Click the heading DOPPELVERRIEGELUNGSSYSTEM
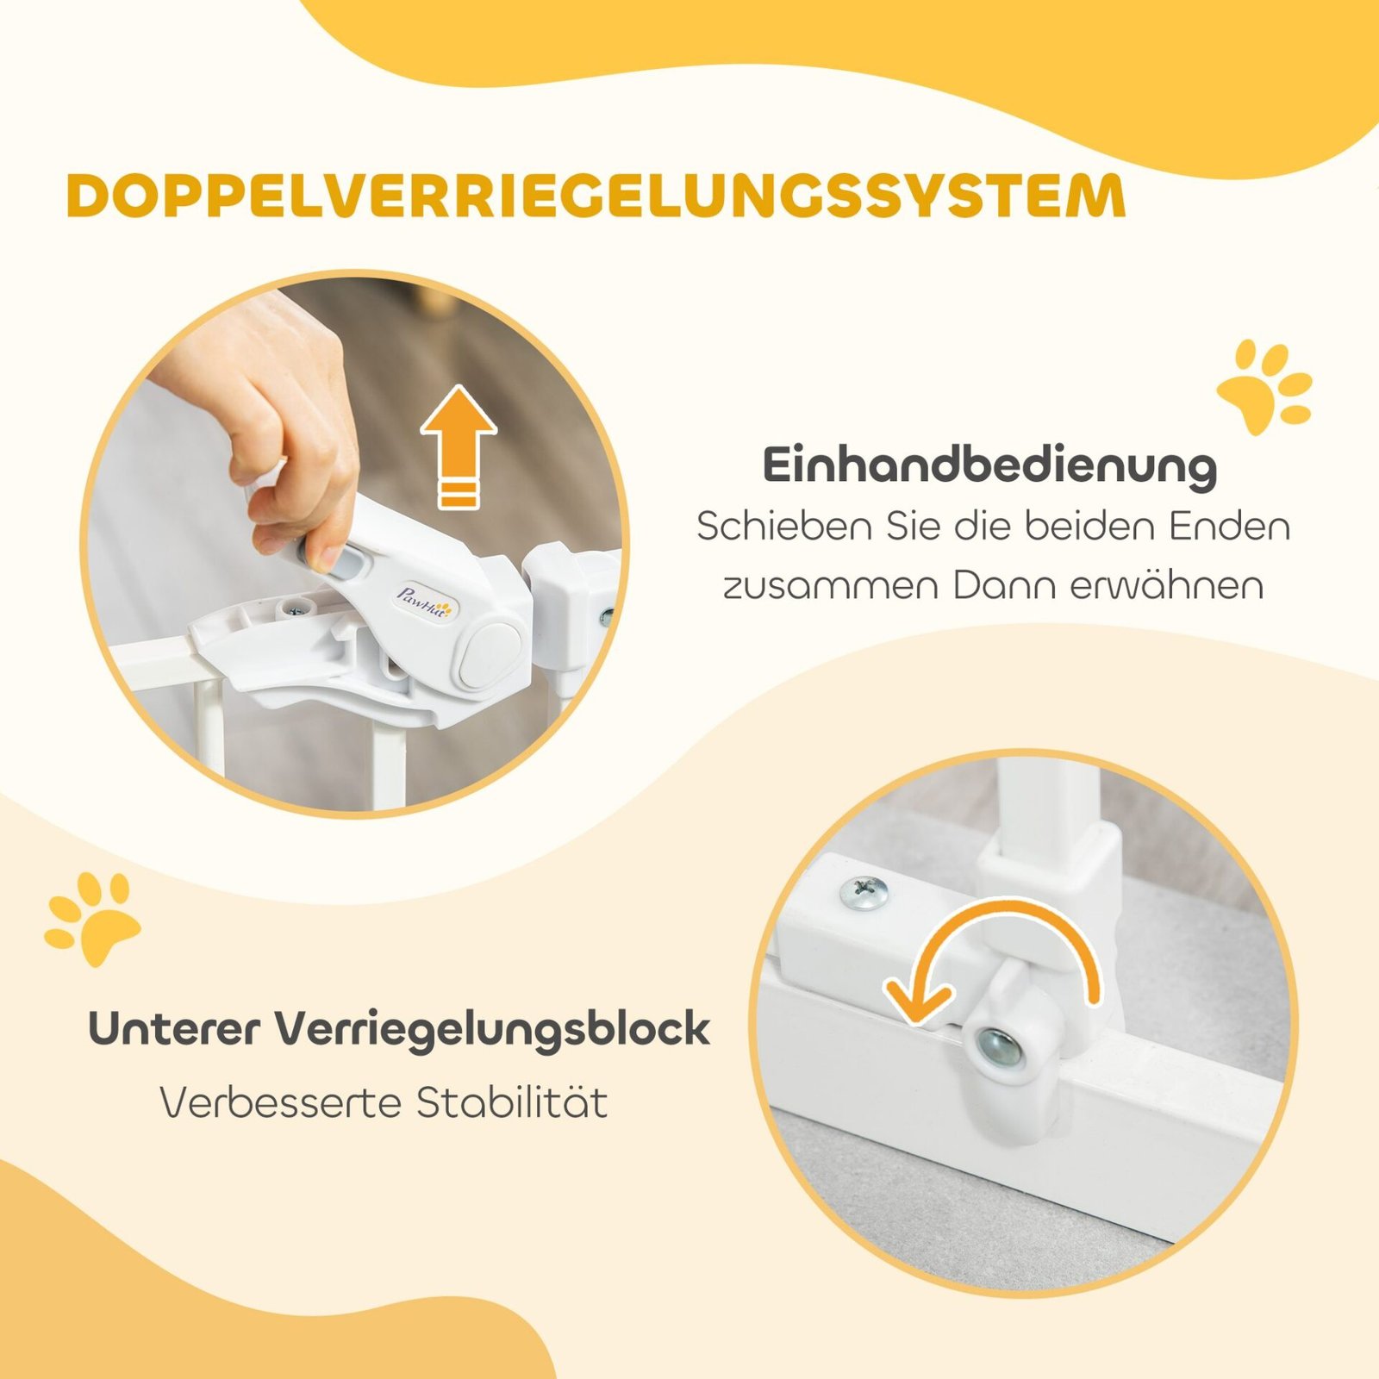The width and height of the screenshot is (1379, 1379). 596,196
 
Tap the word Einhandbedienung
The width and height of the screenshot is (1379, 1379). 989,465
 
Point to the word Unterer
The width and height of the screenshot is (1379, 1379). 173,1028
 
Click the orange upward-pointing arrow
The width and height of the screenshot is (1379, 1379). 459,446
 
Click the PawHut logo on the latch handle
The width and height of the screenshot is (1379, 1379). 423,602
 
